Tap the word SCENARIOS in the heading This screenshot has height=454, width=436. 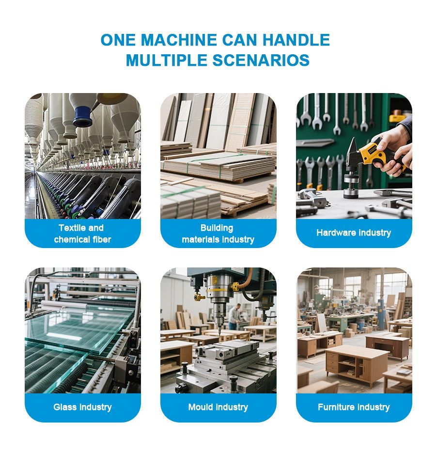point(261,60)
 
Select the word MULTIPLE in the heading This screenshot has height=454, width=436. point(167,60)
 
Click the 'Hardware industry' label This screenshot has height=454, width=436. point(354,233)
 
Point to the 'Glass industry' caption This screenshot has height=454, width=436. point(82,407)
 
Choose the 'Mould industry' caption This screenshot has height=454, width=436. point(218,407)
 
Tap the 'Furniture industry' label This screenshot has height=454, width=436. point(354,407)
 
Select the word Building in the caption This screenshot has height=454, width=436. point(217,228)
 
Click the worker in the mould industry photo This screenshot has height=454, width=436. point(234,316)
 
